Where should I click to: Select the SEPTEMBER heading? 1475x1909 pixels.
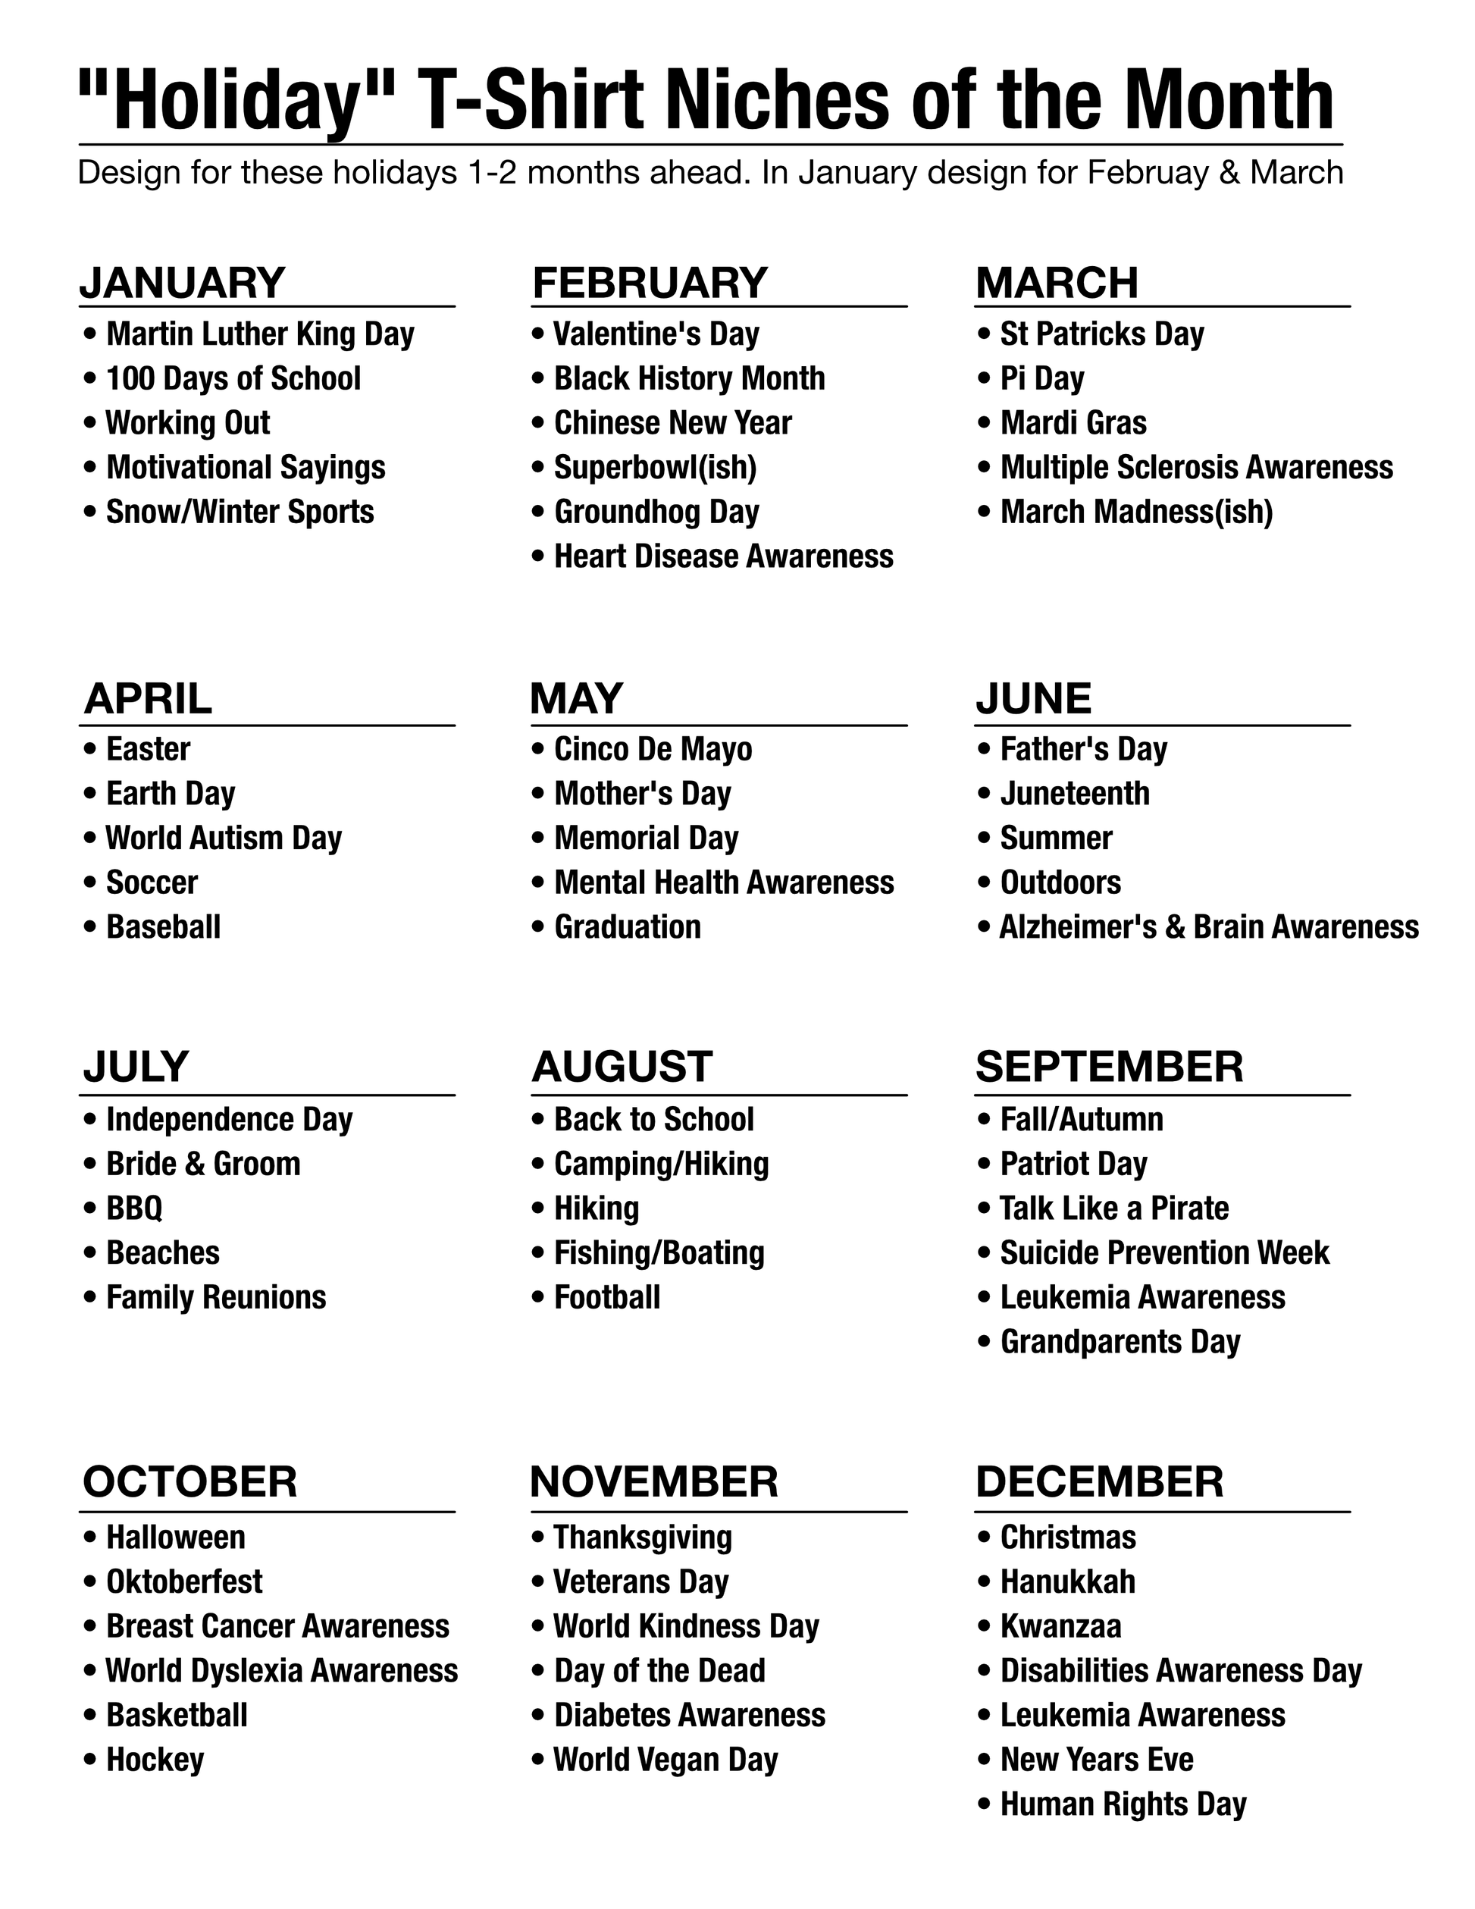click(1109, 1067)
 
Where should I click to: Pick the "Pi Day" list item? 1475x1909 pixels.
click(1041, 378)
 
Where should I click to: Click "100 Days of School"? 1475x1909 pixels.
click(233, 378)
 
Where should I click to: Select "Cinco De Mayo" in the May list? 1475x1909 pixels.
click(653, 749)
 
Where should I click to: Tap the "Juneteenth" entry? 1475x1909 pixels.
click(1075, 794)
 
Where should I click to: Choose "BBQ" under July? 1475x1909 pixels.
click(135, 1208)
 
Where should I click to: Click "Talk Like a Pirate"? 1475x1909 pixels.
click(1114, 1208)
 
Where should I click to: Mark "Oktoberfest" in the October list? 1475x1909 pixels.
click(184, 1581)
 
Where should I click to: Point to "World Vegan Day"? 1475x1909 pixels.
click(665, 1760)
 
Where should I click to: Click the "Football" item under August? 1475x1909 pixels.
click(607, 1297)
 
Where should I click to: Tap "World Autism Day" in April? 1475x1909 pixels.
click(224, 839)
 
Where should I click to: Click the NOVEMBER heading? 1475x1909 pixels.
click(653, 1482)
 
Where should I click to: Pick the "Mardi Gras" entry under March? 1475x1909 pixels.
click(1073, 423)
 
